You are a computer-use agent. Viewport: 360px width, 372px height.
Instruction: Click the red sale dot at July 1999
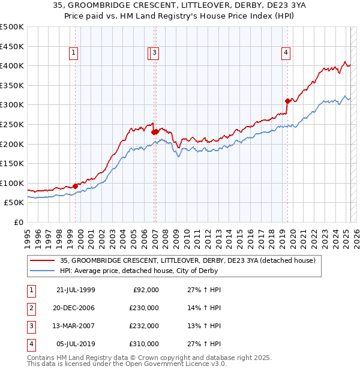point(76,186)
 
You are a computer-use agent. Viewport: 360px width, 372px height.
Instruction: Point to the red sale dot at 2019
point(287,101)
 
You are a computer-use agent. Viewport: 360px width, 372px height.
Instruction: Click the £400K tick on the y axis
point(12,65)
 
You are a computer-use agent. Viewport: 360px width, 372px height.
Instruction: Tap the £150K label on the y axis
point(12,163)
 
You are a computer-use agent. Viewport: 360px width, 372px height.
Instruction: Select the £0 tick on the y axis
point(19,222)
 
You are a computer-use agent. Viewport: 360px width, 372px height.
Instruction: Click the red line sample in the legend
point(43,260)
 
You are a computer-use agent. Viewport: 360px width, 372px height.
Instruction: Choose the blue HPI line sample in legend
point(43,271)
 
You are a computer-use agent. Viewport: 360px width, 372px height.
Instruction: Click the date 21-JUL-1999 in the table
point(76,290)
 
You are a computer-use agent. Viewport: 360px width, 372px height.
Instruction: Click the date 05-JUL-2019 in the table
point(76,344)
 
